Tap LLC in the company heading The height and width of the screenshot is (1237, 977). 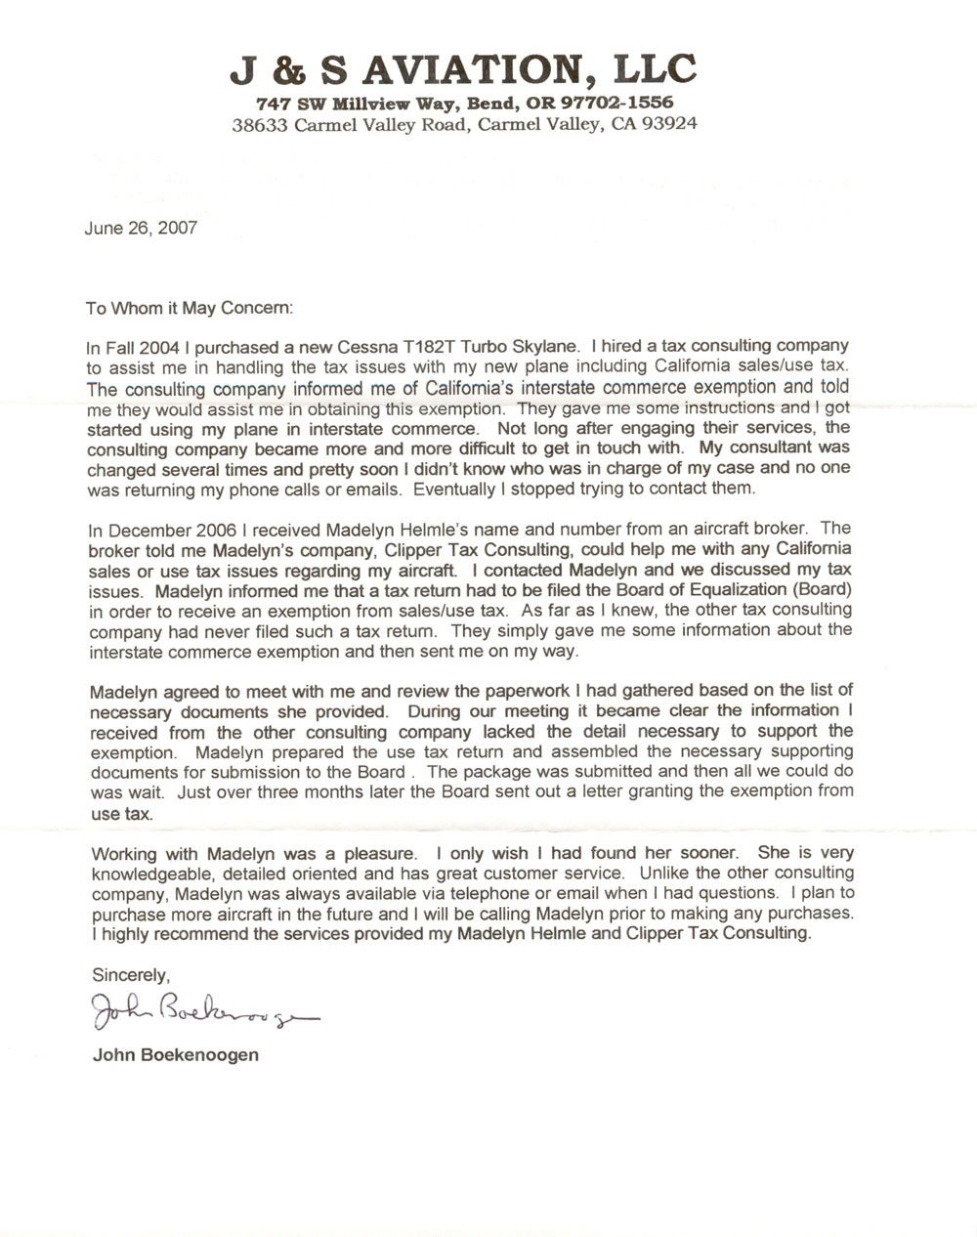(654, 69)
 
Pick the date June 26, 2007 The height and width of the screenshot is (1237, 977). (142, 229)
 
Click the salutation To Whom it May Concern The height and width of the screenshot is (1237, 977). (189, 308)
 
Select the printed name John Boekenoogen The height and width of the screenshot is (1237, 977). (175, 1055)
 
